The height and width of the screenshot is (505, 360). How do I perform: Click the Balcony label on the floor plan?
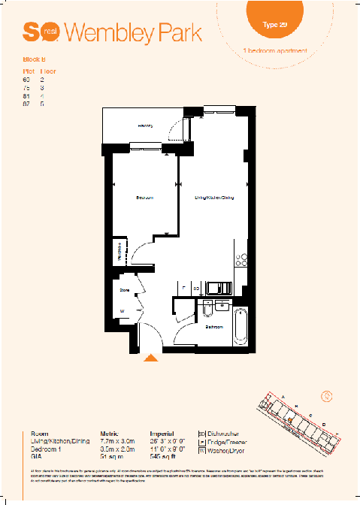(x=145, y=125)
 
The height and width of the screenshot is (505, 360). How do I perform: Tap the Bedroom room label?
(x=145, y=198)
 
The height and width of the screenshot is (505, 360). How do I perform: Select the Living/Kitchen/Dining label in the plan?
(x=214, y=198)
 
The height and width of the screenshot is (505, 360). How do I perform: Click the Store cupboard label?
(x=126, y=288)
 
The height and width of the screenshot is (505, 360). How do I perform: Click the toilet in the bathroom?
(x=207, y=309)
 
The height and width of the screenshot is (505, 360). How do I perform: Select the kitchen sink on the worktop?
(x=219, y=286)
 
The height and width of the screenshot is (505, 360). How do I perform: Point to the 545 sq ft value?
(x=162, y=456)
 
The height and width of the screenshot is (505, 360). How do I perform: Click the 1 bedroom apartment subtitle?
(x=276, y=50)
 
